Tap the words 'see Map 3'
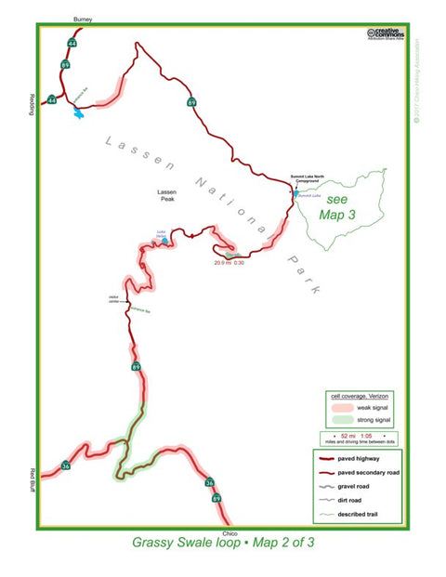[337, 208]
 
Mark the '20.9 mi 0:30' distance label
[229, 262]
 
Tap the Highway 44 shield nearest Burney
[72, 43]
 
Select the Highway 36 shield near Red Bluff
[66, 466]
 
